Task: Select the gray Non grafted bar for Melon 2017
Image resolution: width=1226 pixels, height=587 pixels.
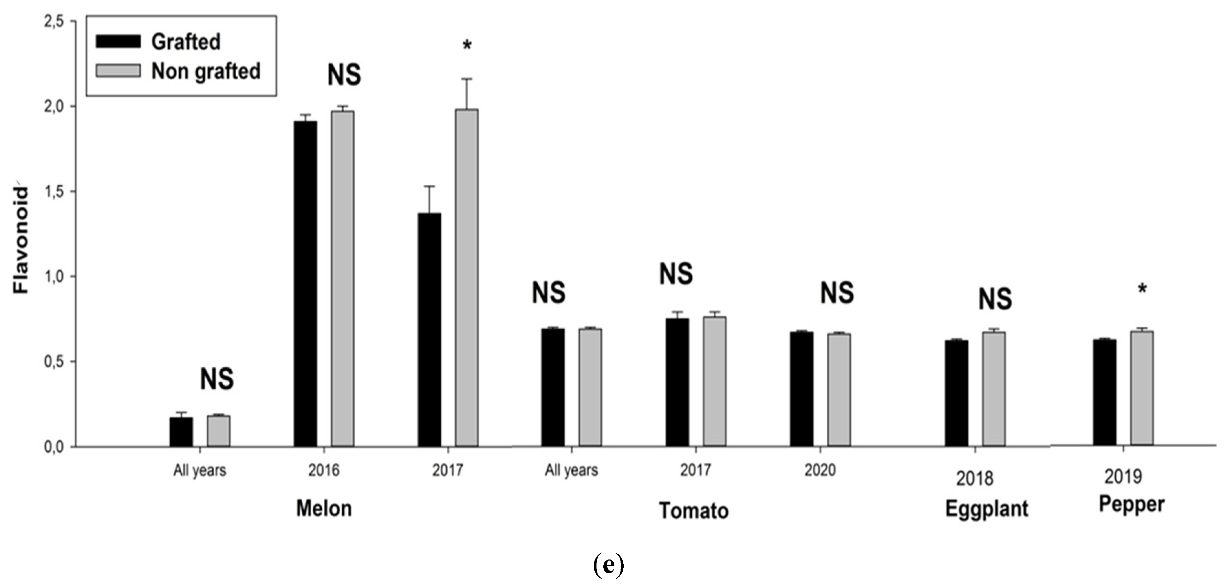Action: (x=466, y=278)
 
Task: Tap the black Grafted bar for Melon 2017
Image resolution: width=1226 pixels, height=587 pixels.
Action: (x=429, y=330)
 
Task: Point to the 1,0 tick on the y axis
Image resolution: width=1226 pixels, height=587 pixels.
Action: (x=54, y=276)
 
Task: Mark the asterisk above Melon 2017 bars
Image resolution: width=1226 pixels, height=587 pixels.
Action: (x=467, y=46)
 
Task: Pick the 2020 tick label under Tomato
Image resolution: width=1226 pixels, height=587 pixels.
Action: (x=819, y=470)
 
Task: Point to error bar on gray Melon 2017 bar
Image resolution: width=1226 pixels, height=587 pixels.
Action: (x=467, y=94)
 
